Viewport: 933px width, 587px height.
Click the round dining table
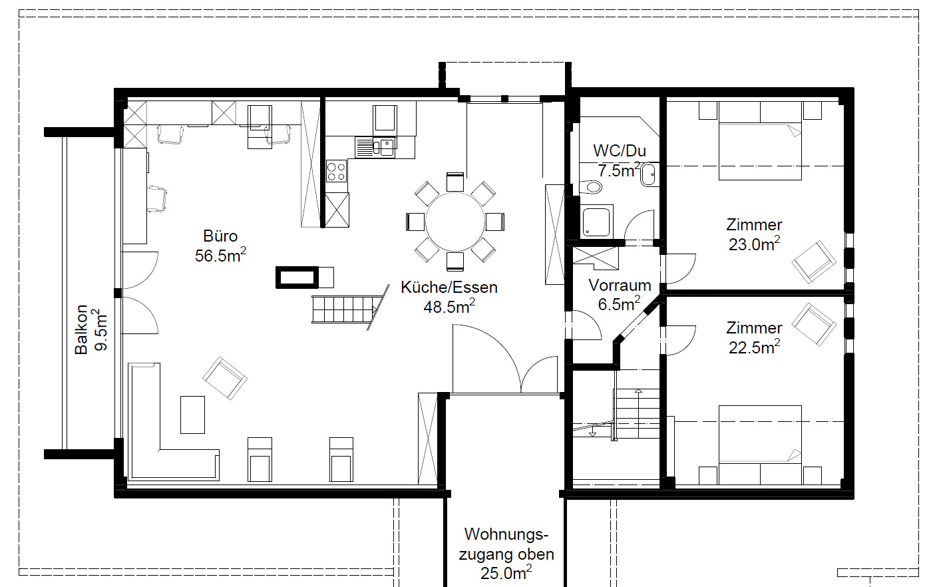tap(455, 222)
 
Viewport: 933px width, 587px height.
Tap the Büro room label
tap(220, 236)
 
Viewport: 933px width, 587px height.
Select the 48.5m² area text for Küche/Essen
tap(449, 307)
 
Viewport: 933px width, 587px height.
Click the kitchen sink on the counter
tap(375, 146)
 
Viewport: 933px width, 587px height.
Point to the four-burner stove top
tap(336, 172)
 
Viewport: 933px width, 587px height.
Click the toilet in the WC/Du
tap(590, 187)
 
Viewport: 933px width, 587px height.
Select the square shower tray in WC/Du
tap(597, 222)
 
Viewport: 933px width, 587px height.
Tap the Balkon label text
tap(81, 329)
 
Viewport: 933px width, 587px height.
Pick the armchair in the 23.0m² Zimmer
tap(814, 262)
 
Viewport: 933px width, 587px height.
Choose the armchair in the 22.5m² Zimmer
tap(814, 325)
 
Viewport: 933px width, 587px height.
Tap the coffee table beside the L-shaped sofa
tap(192, 415)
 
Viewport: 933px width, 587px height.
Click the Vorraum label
tap(620, 286)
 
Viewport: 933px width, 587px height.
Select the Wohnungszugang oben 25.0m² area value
tap(506, 572)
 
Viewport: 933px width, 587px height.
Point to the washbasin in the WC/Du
tap(648, 175)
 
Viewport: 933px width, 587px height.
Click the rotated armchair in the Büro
tap(225, 378)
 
